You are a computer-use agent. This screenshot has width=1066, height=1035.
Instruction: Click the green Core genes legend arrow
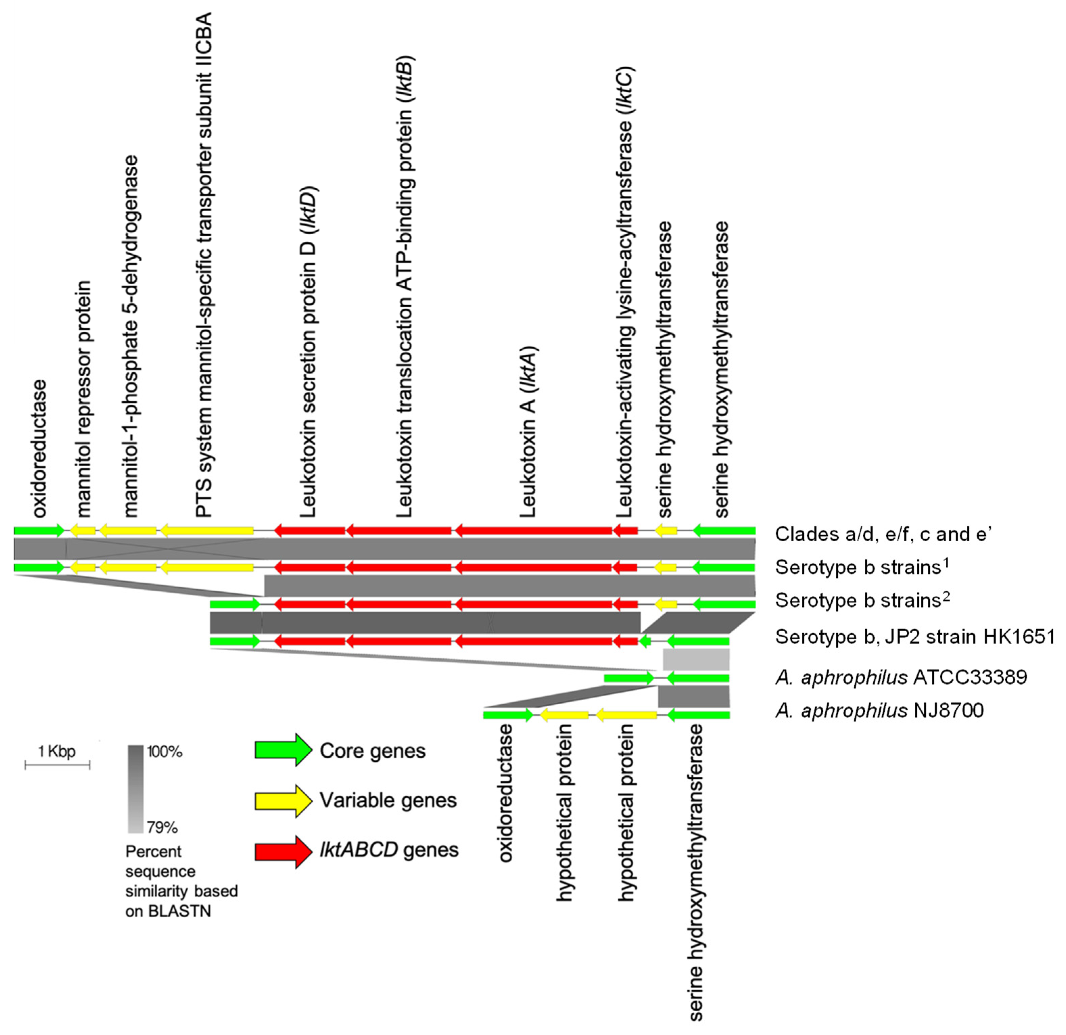pos(283,750)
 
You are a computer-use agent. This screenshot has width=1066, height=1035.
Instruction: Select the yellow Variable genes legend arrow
pos(283,800)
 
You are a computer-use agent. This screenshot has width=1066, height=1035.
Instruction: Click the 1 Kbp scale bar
pos(57,765)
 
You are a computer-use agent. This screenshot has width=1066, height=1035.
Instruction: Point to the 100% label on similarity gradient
pos(165,752)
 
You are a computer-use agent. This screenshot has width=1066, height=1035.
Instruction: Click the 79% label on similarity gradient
pos(162,828)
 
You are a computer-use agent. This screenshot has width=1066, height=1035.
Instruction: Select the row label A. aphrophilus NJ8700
pos(879,710)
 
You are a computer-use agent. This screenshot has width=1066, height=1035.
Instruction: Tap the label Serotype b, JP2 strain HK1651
pos(915,636)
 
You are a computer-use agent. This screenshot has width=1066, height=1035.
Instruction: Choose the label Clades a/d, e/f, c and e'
pos(883,534)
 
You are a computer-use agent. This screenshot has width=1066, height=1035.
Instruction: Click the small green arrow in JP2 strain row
pos(645,641)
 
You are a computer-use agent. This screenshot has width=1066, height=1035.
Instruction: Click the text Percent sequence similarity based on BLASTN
pos(181,881)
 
